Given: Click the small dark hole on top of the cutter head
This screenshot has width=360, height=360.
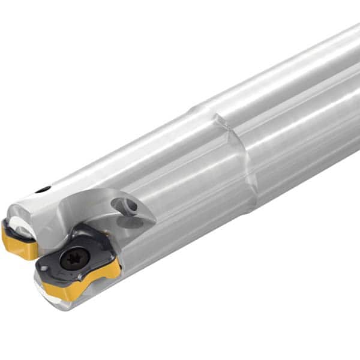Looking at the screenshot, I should pyautogui.click(x=43, y=190).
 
